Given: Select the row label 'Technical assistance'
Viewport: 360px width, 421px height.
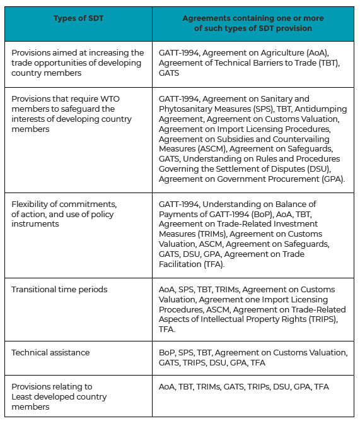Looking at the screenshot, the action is tap(50, 352).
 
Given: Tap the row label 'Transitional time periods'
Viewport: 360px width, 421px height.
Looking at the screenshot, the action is tap(59, 290).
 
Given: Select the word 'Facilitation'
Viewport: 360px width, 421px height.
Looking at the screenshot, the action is tap(181, 264).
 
